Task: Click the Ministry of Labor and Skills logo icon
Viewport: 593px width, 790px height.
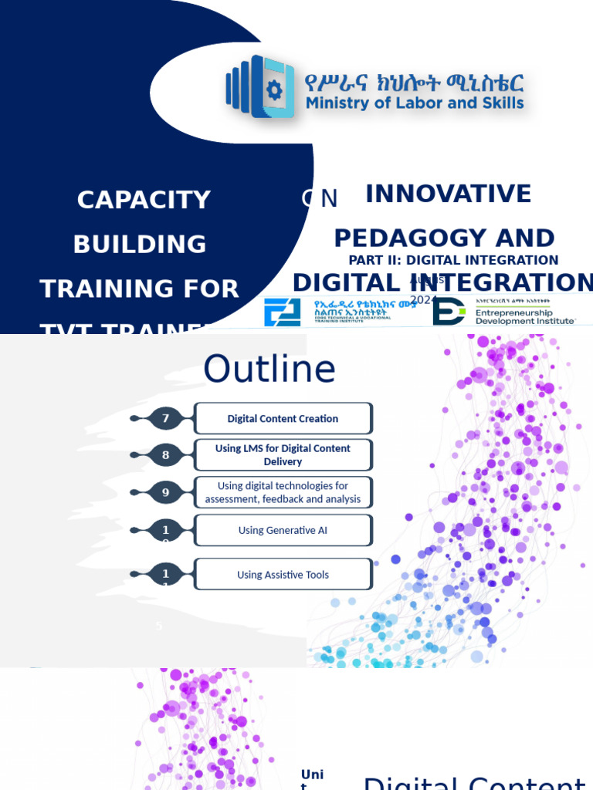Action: [x=260, y=86]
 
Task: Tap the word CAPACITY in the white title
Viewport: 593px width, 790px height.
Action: [x=144, y=200]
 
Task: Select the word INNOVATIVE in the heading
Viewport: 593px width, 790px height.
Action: [x=448, y=194]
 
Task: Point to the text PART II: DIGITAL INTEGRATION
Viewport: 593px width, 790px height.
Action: [x=453, y=260]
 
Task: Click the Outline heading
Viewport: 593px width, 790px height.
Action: [x=269, y=370]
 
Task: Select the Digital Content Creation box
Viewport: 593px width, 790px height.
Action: [x=283, y=419]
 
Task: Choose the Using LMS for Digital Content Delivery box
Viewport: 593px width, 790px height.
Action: [x=283, y=454]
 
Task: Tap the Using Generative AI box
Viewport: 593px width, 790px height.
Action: [x=283, y=531]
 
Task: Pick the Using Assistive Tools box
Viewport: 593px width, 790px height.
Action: [x=283, y=575]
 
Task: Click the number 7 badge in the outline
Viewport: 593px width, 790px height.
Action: [x=165, y=419]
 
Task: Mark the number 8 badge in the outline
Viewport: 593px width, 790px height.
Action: [x=165, y=455]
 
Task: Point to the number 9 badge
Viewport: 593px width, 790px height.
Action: [x=165, y=492]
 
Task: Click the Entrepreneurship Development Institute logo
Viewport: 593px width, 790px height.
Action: [x=503, y=311]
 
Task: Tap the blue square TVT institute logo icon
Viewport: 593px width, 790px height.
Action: [x=282, y=312]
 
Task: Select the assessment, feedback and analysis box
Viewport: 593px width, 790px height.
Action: [x=283, y=492]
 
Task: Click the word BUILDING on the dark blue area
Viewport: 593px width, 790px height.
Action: [x=140, y=245]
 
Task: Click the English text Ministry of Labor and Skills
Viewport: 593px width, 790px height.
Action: [x=415, y=103]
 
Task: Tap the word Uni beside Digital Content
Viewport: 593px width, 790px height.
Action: [x=312, y=774]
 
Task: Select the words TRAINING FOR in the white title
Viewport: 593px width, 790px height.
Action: [x=140, y=289]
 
